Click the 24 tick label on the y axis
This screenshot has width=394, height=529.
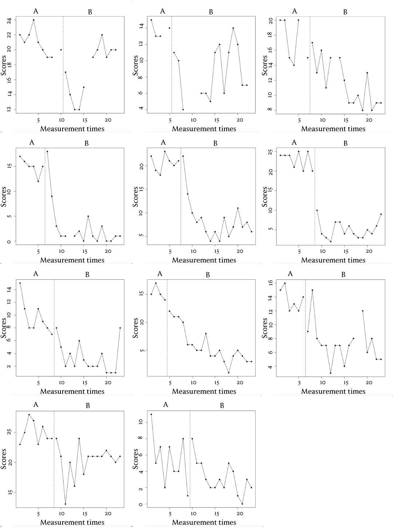(x=9, y=20)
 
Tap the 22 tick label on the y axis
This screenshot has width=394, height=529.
(x=9, y=35)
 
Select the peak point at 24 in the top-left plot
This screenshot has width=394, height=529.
(x=33, y=20)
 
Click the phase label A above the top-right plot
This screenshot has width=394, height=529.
(x=295, y=11)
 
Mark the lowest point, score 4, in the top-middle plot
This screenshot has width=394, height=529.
(x=183, y=109)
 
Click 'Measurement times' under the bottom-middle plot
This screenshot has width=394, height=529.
(x=204, y=522)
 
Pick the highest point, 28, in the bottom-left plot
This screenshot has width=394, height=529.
(x=29, y=414)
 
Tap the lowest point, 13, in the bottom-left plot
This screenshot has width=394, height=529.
(x=65, y=504)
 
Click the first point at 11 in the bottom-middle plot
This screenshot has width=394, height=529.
(x=151, y=414)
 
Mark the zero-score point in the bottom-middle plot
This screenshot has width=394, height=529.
(x=242, y=504)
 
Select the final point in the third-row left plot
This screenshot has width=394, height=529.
(x=120, y=328)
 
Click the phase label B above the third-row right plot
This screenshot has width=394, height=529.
(x=343, y=274)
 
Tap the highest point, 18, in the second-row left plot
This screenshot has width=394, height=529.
(x=47, y=151)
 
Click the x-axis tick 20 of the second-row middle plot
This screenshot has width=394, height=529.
(x=238, y=251)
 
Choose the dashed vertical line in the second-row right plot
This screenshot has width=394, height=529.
(x=315, y=196)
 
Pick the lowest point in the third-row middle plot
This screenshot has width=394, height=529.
(x=229, y=373)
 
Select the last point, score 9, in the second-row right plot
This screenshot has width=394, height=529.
(x=381, y=214)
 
